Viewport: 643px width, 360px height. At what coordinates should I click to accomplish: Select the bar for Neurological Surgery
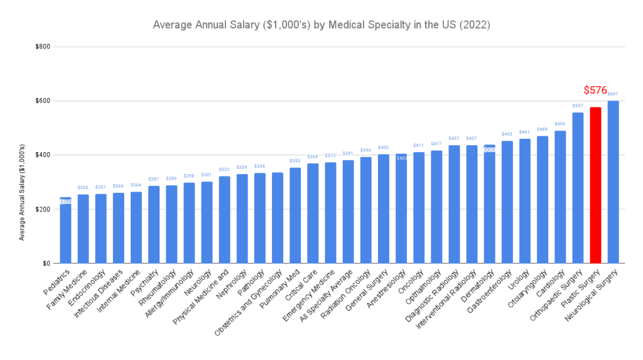613,182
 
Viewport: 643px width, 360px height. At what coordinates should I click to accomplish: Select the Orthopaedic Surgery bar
578,188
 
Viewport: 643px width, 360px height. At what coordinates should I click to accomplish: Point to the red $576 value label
595,90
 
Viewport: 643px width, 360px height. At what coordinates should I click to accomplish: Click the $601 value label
613,94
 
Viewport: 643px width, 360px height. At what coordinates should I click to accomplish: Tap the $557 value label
578,106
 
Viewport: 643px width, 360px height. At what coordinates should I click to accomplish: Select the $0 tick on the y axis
47,264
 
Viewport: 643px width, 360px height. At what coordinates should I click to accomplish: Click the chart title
321,26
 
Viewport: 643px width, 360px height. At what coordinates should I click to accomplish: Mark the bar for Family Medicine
83,229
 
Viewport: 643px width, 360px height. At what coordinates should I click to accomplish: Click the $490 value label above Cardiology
560,124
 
